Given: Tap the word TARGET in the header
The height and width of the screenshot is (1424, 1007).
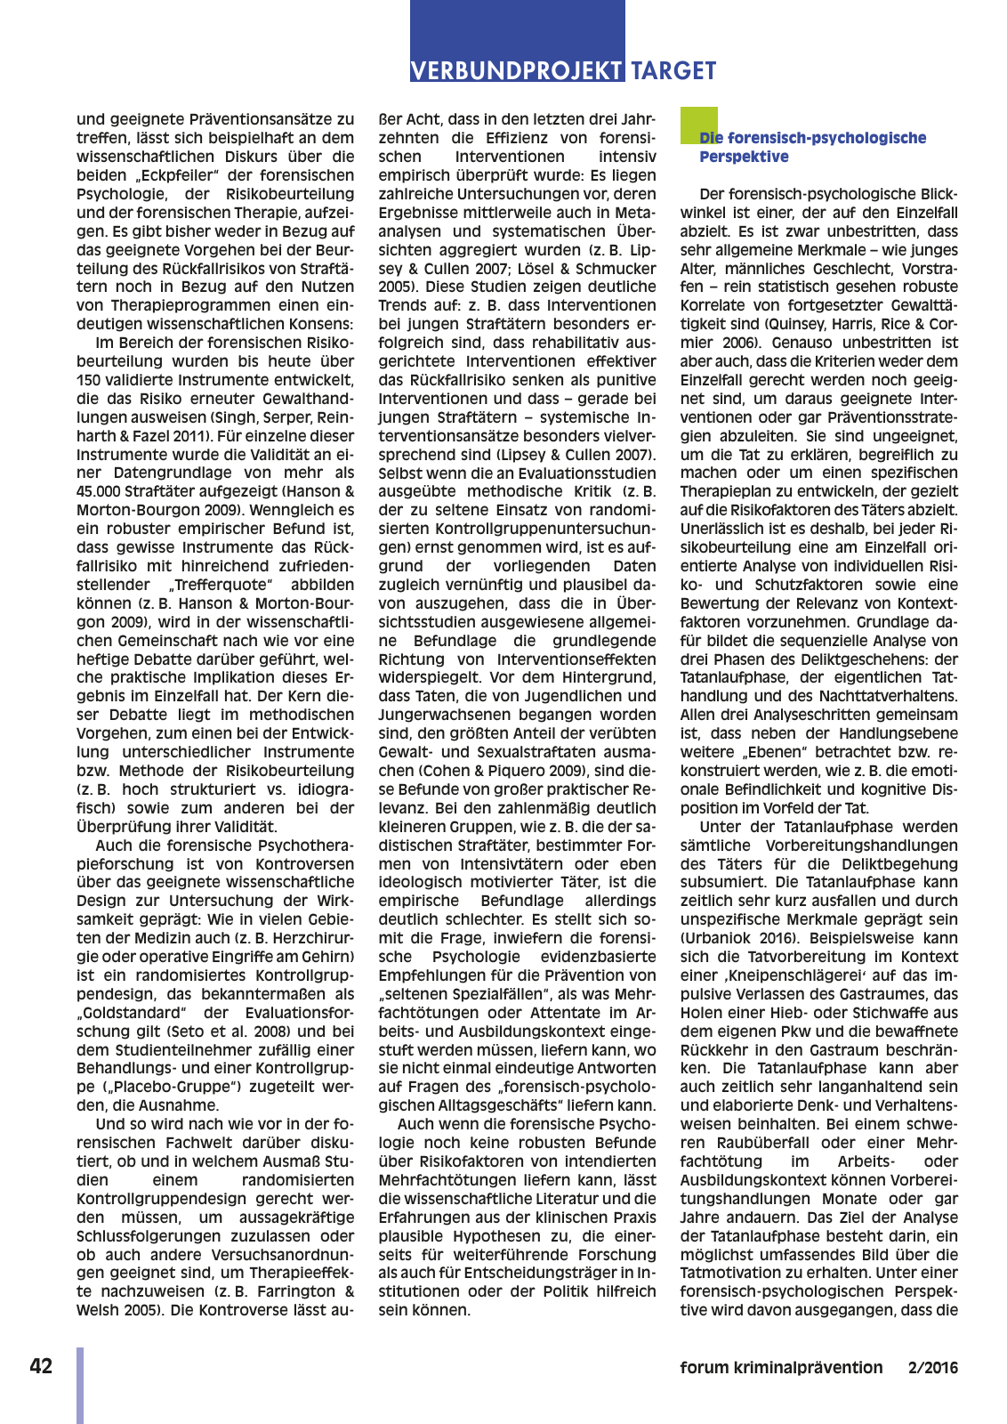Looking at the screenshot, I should click(x=673, y=71).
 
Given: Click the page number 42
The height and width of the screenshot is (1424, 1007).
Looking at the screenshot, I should click(x=41, y=1367).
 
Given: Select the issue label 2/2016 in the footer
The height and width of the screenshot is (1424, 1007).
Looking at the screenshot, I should click(x=933, y=1368).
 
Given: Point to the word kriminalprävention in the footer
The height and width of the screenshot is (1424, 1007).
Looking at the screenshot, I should click(x=806, y=1368).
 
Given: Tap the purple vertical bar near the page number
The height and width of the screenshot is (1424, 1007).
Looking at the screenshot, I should click(x=80, y=1385).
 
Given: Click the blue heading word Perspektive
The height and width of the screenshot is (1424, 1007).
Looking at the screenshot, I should click(x=744, y=158).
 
